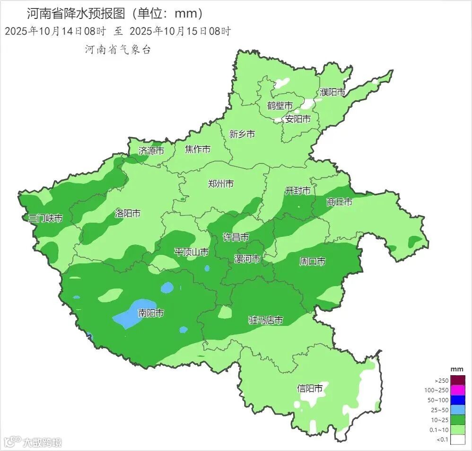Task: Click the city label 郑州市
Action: [x=221, y=184]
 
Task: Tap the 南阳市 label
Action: [x=151, y=313]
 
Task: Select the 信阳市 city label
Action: [x=310, y=388]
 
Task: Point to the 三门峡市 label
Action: [x=45, y=218]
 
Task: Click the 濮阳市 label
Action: [x=332, y=92]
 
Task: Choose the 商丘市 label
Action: [x=339, y=202]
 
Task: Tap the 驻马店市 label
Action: [x=266, y=321]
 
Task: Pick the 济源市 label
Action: [x=151, y=151]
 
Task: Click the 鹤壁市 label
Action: [x=280, y=106]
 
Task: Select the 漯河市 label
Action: [x=247, y=259]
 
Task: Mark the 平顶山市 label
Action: [x=191, y=252]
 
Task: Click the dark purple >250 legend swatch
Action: [x=457, y=380]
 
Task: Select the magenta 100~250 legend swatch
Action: [x=457, y=390]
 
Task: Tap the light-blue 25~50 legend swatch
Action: [x=457, y=410]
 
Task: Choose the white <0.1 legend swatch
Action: [x=457, y=439]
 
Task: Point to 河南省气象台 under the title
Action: [x=118, y=50]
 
